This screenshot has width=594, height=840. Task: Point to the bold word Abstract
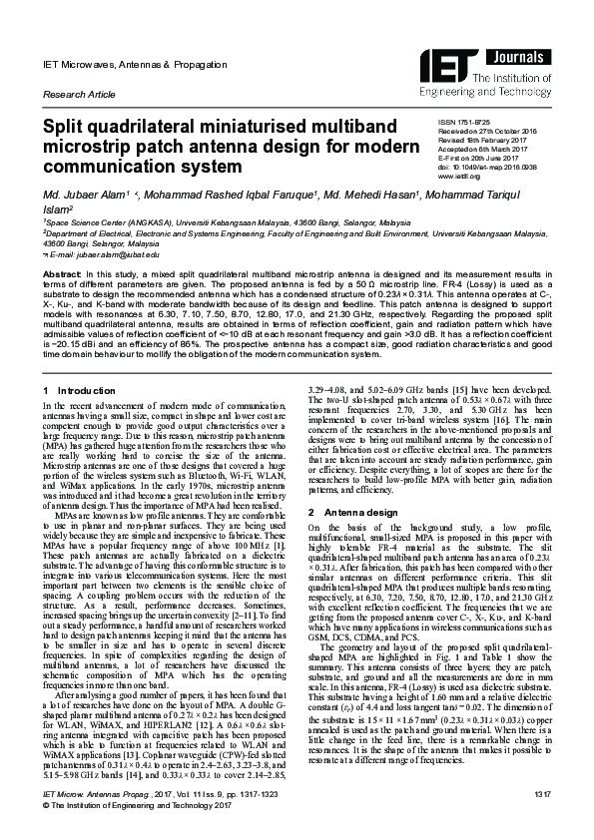pos(60,271)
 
